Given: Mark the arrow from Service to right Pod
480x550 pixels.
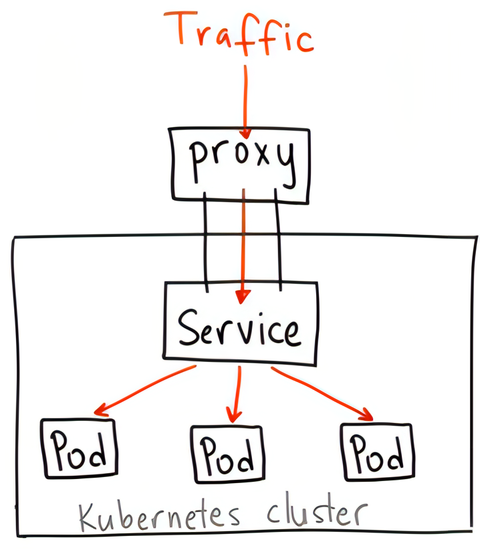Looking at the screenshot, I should [321, 392].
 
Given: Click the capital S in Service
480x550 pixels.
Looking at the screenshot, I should [191, 327].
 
